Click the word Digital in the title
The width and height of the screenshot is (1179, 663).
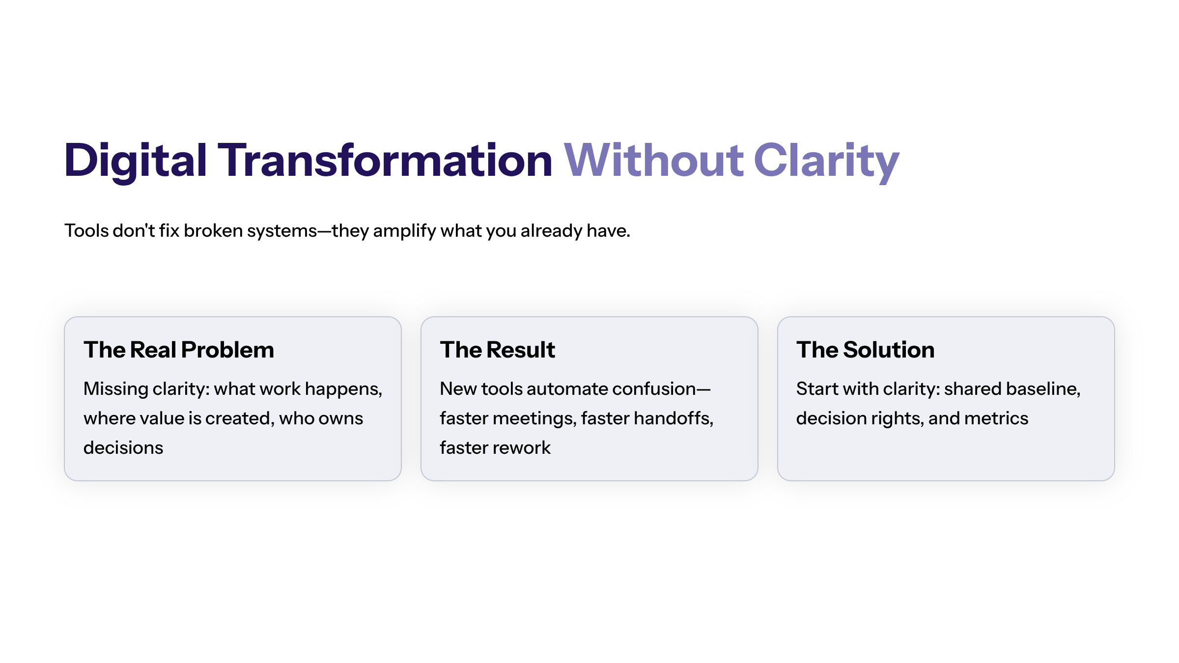[x=135, y=161]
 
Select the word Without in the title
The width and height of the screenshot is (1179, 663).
[x=653, y=161]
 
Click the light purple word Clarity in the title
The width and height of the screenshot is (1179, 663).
[x=826, y=161]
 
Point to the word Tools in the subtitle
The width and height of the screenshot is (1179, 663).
[x=86, y=230]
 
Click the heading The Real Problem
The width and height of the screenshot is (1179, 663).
[x=179, y=350]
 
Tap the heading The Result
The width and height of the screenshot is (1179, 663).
[x=497, y=350]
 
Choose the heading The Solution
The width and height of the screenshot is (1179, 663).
[x=865, y=350]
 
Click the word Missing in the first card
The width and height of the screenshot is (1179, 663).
[x=115, y=389]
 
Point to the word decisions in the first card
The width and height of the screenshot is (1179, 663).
[x=123, y=448]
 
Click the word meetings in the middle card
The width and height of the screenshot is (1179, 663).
[x=534, y=418]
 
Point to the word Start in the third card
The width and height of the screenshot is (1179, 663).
[x=817, y=389]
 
